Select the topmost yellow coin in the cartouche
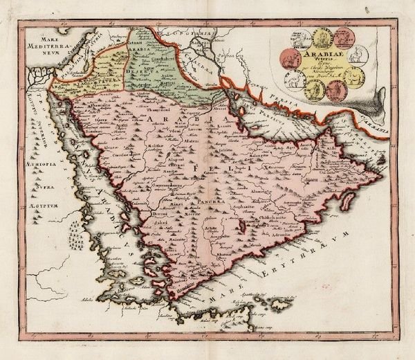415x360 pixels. click(x=322, y=36)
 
